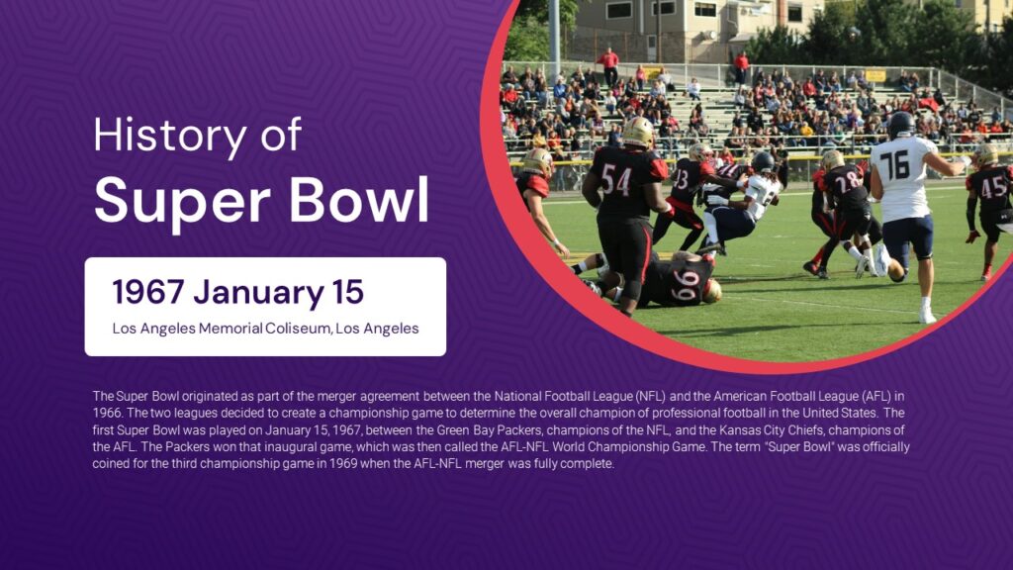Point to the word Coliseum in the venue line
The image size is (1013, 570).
[296, 329]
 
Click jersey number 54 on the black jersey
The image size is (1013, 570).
[615, 179]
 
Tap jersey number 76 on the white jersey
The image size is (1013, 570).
[894, 163]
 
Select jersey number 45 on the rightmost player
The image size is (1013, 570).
[993, 186]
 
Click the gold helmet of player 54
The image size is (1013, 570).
[637, 132]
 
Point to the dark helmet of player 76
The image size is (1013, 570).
[900, 125]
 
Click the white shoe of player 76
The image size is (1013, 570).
[927, 315]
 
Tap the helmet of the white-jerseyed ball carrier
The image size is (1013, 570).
[763, 162]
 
